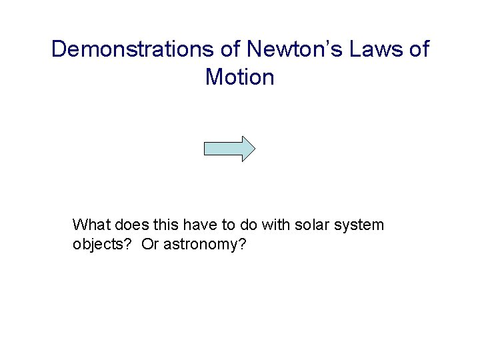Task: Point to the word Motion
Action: (240, 77)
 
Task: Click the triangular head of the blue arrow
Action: (247, 149)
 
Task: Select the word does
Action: (129, 225)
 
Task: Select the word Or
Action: (151, 245)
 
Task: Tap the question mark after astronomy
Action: (242, 245)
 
